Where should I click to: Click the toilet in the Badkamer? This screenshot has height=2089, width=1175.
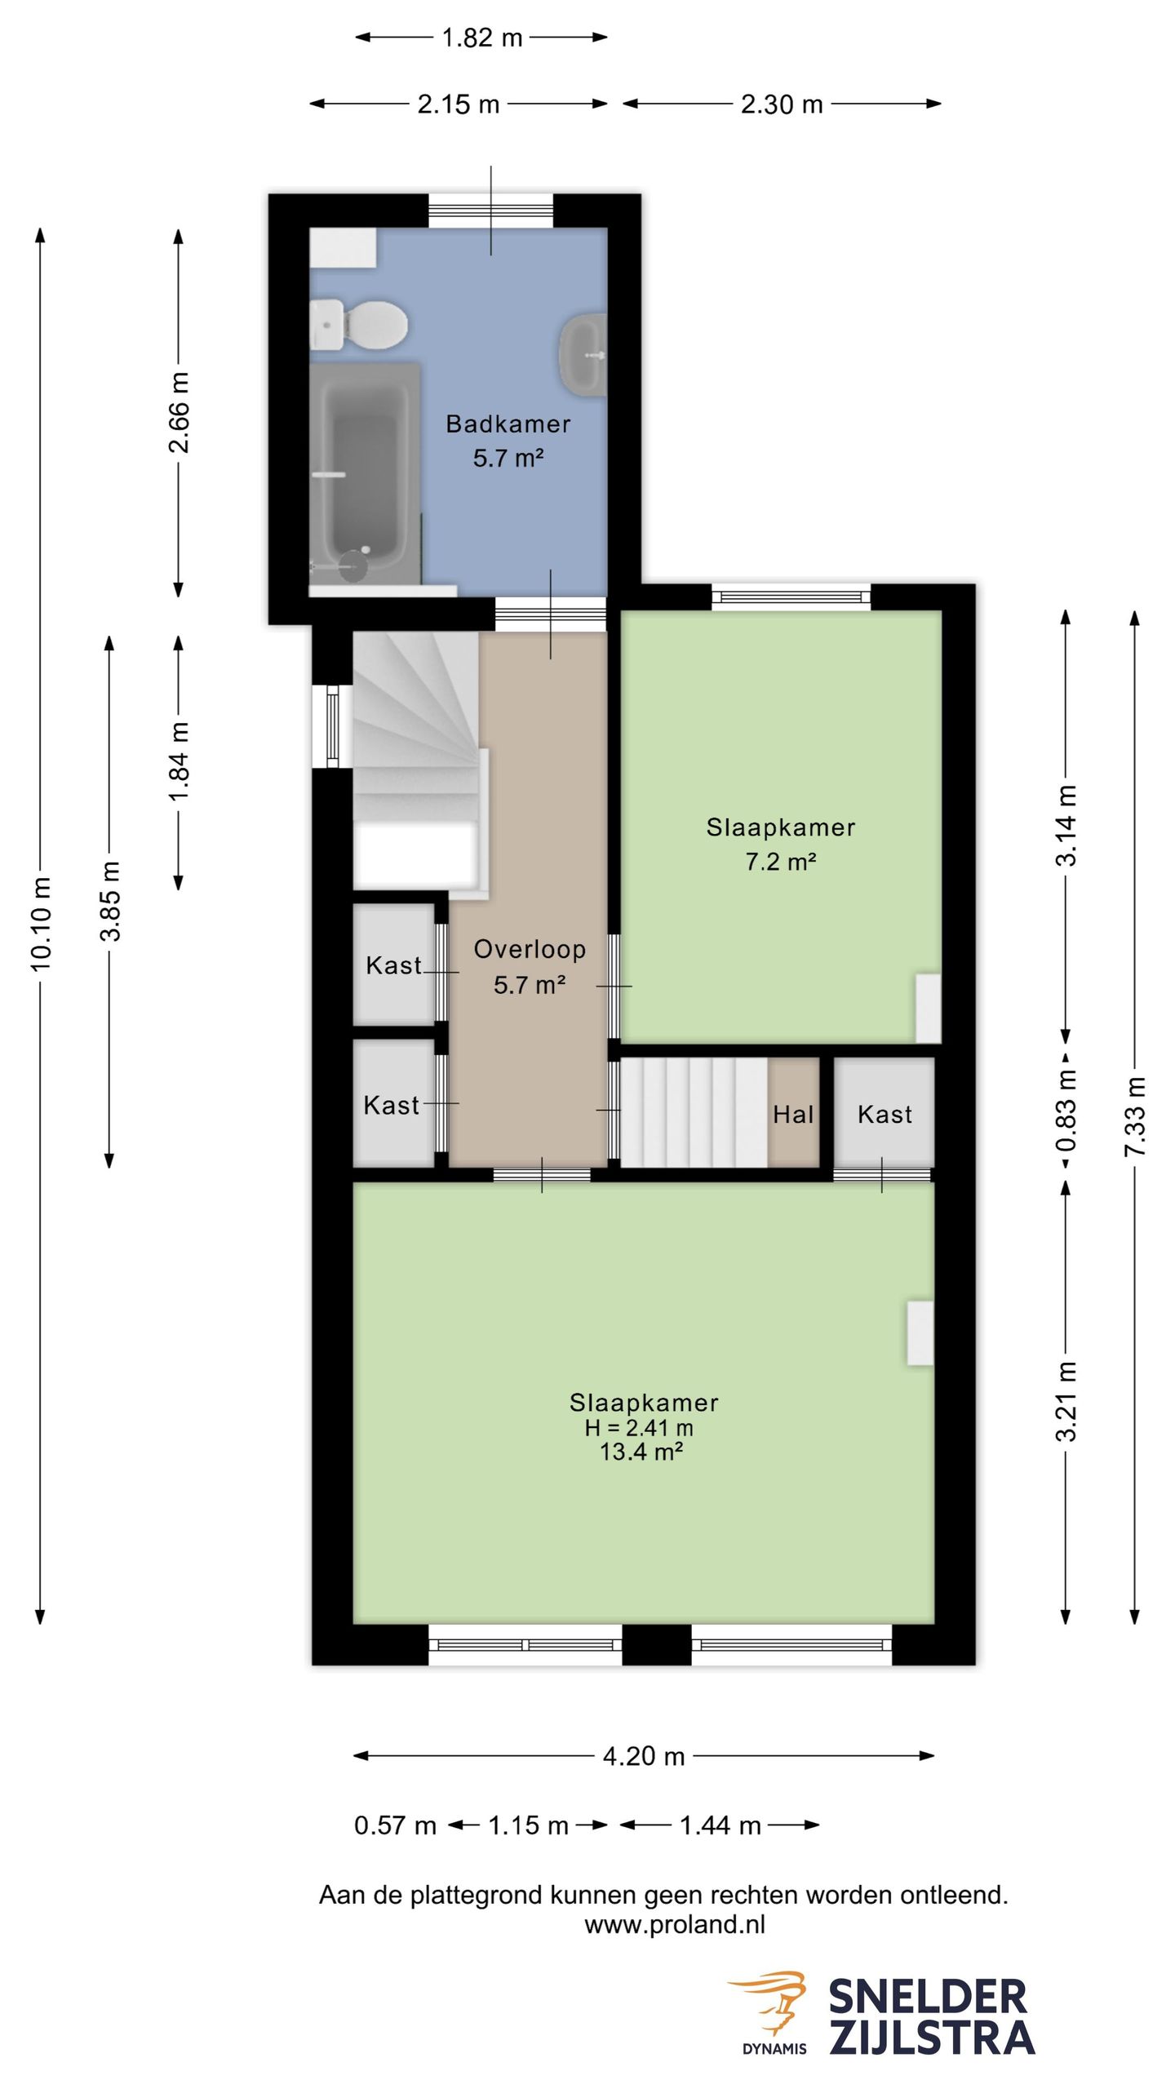359,326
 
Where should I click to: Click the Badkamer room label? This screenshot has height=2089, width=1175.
508,424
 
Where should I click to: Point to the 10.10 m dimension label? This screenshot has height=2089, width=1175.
41,925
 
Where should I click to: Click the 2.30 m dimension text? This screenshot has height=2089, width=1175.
782,104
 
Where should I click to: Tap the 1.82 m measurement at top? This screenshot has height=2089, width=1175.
481,38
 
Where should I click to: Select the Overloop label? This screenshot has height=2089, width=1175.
530,949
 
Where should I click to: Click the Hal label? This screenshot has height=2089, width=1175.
793,1114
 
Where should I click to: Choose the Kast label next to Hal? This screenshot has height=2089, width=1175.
885,1114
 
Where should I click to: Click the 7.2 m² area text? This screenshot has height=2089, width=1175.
781,862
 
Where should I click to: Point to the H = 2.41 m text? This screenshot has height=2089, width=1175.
639,1427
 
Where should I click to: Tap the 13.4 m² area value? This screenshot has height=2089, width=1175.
641,1452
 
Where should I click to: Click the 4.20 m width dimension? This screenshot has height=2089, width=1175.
644,1756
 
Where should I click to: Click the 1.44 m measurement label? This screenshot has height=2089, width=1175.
721,1825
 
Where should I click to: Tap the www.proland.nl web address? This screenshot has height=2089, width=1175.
675,1924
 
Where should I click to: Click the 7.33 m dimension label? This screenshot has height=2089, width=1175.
1136,1116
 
